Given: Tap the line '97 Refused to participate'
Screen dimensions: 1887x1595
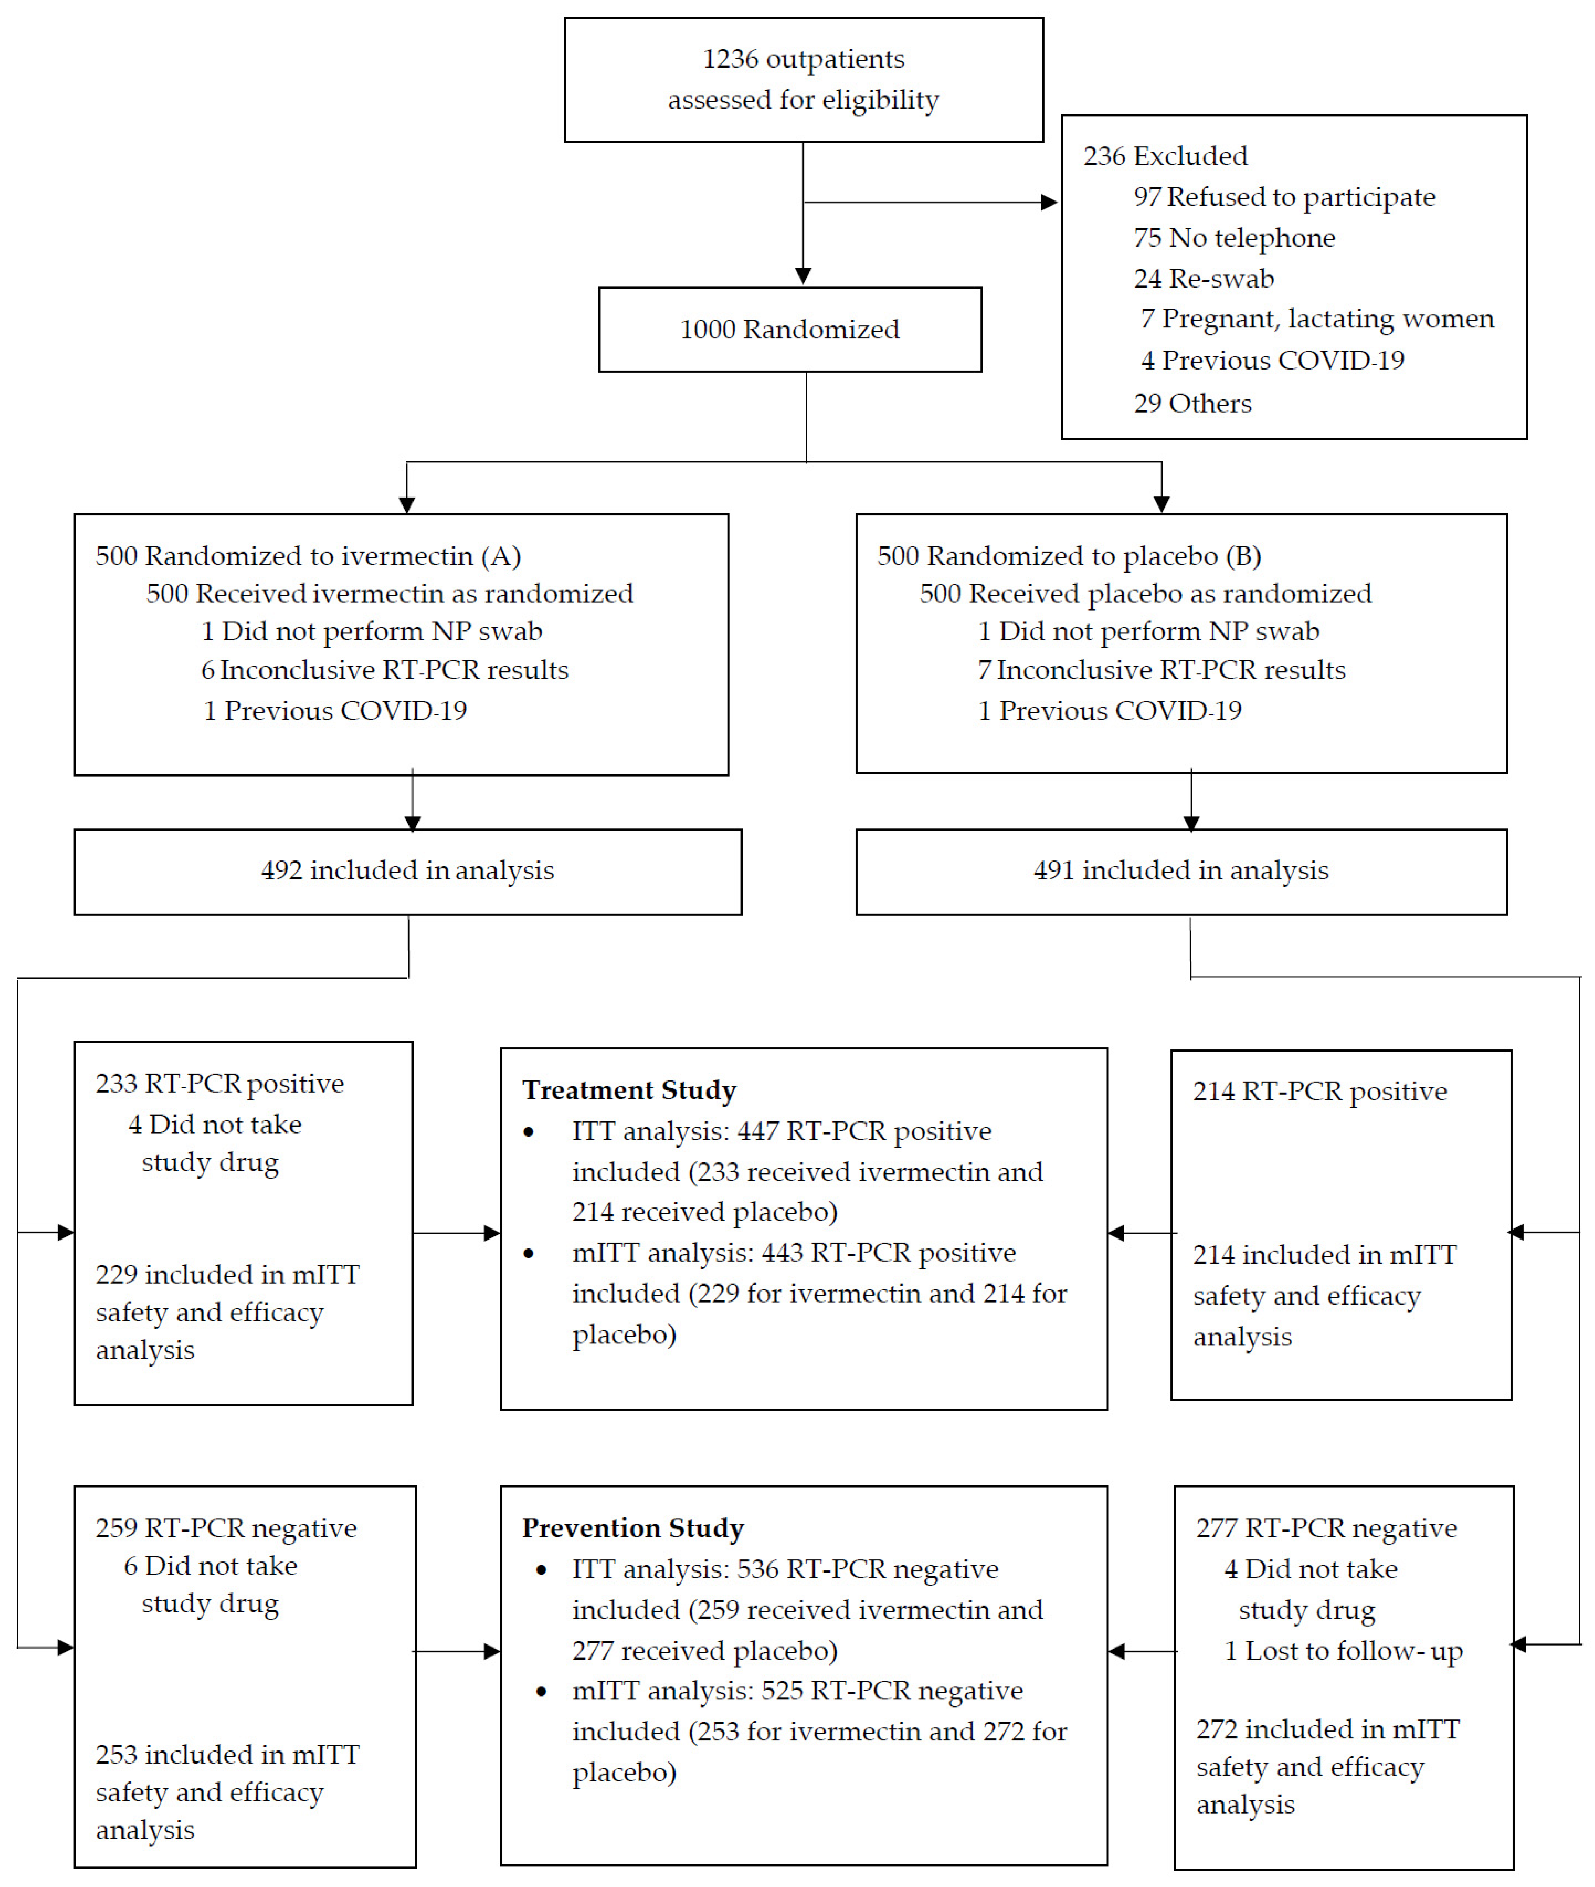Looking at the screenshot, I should [x=1284, y=197].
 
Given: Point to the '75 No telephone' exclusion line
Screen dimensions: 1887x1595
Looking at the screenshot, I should [x=1234, y=238].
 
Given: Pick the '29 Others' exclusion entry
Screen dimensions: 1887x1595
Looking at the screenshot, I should [x=1192, y=403].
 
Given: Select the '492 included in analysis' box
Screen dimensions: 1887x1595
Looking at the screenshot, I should [x=408, y=871].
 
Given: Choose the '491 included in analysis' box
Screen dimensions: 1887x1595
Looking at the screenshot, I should [x=1181, y=871].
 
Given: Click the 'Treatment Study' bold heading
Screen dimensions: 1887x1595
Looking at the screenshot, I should [x=629, y=1090].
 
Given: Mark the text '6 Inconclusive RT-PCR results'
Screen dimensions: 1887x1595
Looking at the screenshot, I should [x=384, y=670].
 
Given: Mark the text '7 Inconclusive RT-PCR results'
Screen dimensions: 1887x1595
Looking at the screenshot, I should [x=1161, y=670].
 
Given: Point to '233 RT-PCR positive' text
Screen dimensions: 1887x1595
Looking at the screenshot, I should [x=220, y=1084].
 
